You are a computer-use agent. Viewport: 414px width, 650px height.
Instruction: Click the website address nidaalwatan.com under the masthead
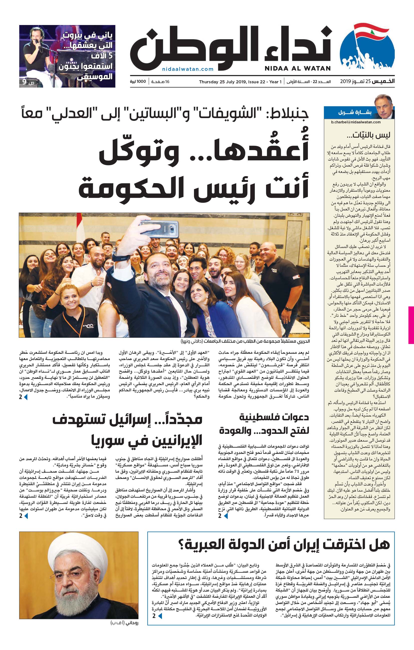pyautogui.click(x=188, y=69)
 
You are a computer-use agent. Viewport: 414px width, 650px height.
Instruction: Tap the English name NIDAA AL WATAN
pyautogui.click(x=298, y=69)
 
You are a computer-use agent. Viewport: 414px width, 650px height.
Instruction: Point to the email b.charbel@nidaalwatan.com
pyautogui.click(x=356, y=122)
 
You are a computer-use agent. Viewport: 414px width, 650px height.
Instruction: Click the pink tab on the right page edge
pyautogui.click(x=411, y=325)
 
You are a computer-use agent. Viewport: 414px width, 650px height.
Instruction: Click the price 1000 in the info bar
pyautogui.click(x=141, y=82)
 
